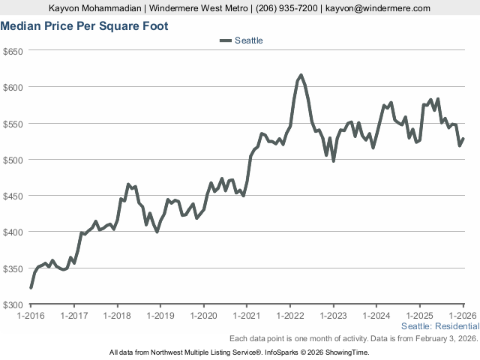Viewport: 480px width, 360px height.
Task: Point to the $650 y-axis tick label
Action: (x=14, y=51)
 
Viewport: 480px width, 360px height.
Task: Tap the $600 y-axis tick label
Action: (x=14, y=87)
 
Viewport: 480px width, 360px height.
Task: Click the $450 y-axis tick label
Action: (x=14, y=196)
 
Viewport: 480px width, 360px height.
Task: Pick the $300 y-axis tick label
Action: (x=14, y=304)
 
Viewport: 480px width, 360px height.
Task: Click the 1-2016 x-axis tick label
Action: (x=31, y=316)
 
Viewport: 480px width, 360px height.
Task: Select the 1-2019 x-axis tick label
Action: (x=160, y=316)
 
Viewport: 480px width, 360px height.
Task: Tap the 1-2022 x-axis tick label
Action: (x=290, y=316)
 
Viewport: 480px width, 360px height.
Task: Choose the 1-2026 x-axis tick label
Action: (x=463, y=316)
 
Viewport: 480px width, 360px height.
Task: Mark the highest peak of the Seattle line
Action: (x=301, y=75)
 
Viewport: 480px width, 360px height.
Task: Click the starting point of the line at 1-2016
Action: (x=31, y=287)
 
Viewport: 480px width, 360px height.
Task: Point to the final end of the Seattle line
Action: (x=463, y=139)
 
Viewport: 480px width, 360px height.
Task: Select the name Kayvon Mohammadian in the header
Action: (x=95, y=8)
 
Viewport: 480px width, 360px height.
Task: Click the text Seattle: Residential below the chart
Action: (x=440, y=327)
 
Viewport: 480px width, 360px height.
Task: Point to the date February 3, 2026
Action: (x=447, y=338)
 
